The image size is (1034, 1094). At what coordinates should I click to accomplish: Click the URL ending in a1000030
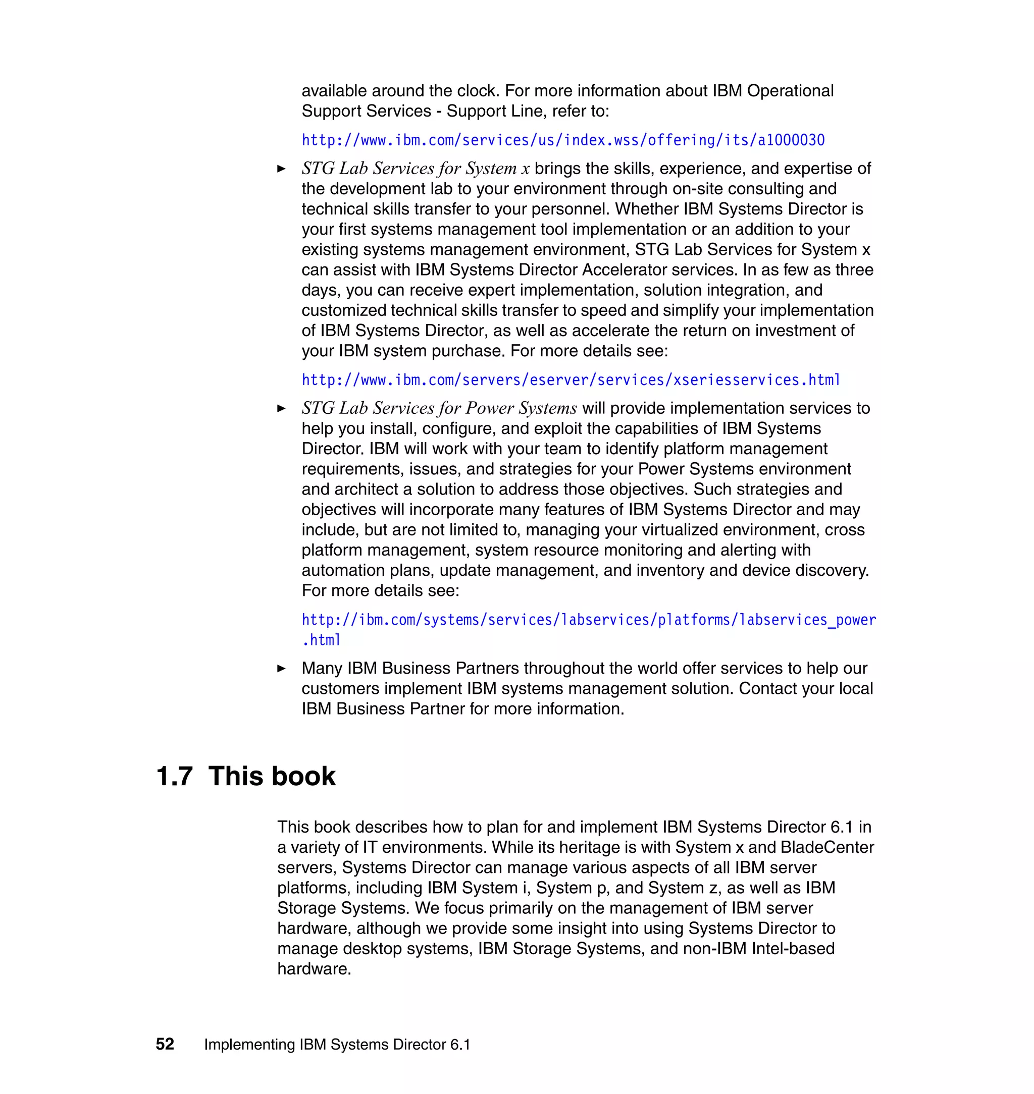[563, 140]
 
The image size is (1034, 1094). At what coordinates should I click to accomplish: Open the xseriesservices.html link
[571, 380]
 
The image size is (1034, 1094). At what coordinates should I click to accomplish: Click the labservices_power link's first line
[588, 620]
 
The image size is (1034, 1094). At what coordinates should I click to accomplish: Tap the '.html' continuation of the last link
[321, 640]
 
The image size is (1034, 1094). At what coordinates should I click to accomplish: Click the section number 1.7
[174, 776]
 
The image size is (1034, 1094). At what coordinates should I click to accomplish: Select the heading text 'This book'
[272, 776]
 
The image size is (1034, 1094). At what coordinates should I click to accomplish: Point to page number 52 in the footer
[165, 1044]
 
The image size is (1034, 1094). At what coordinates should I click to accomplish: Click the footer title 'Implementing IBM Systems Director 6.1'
[337, 1045]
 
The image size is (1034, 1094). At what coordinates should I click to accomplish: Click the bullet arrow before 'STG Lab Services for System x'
[281, 169]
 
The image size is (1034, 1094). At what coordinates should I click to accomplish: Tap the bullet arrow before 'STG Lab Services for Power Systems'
[281, 408]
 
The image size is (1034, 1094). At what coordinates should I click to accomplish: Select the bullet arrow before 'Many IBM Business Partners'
[281, 668]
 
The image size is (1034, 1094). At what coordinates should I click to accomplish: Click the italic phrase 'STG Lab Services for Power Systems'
[439, 408]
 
